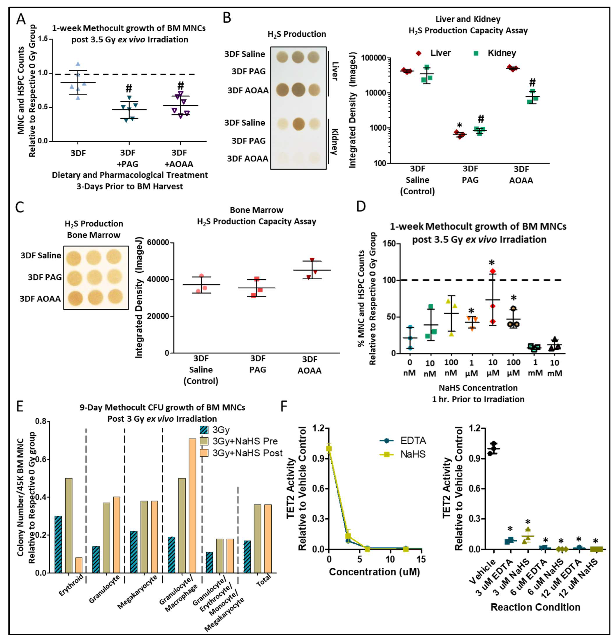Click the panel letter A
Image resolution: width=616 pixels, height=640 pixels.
21,19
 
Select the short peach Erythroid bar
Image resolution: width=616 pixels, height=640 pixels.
79,565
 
